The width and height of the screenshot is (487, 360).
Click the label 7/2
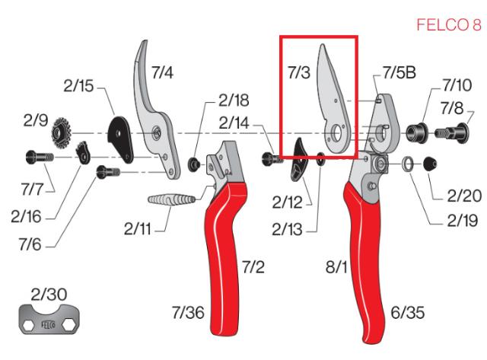(x=254, y=267)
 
